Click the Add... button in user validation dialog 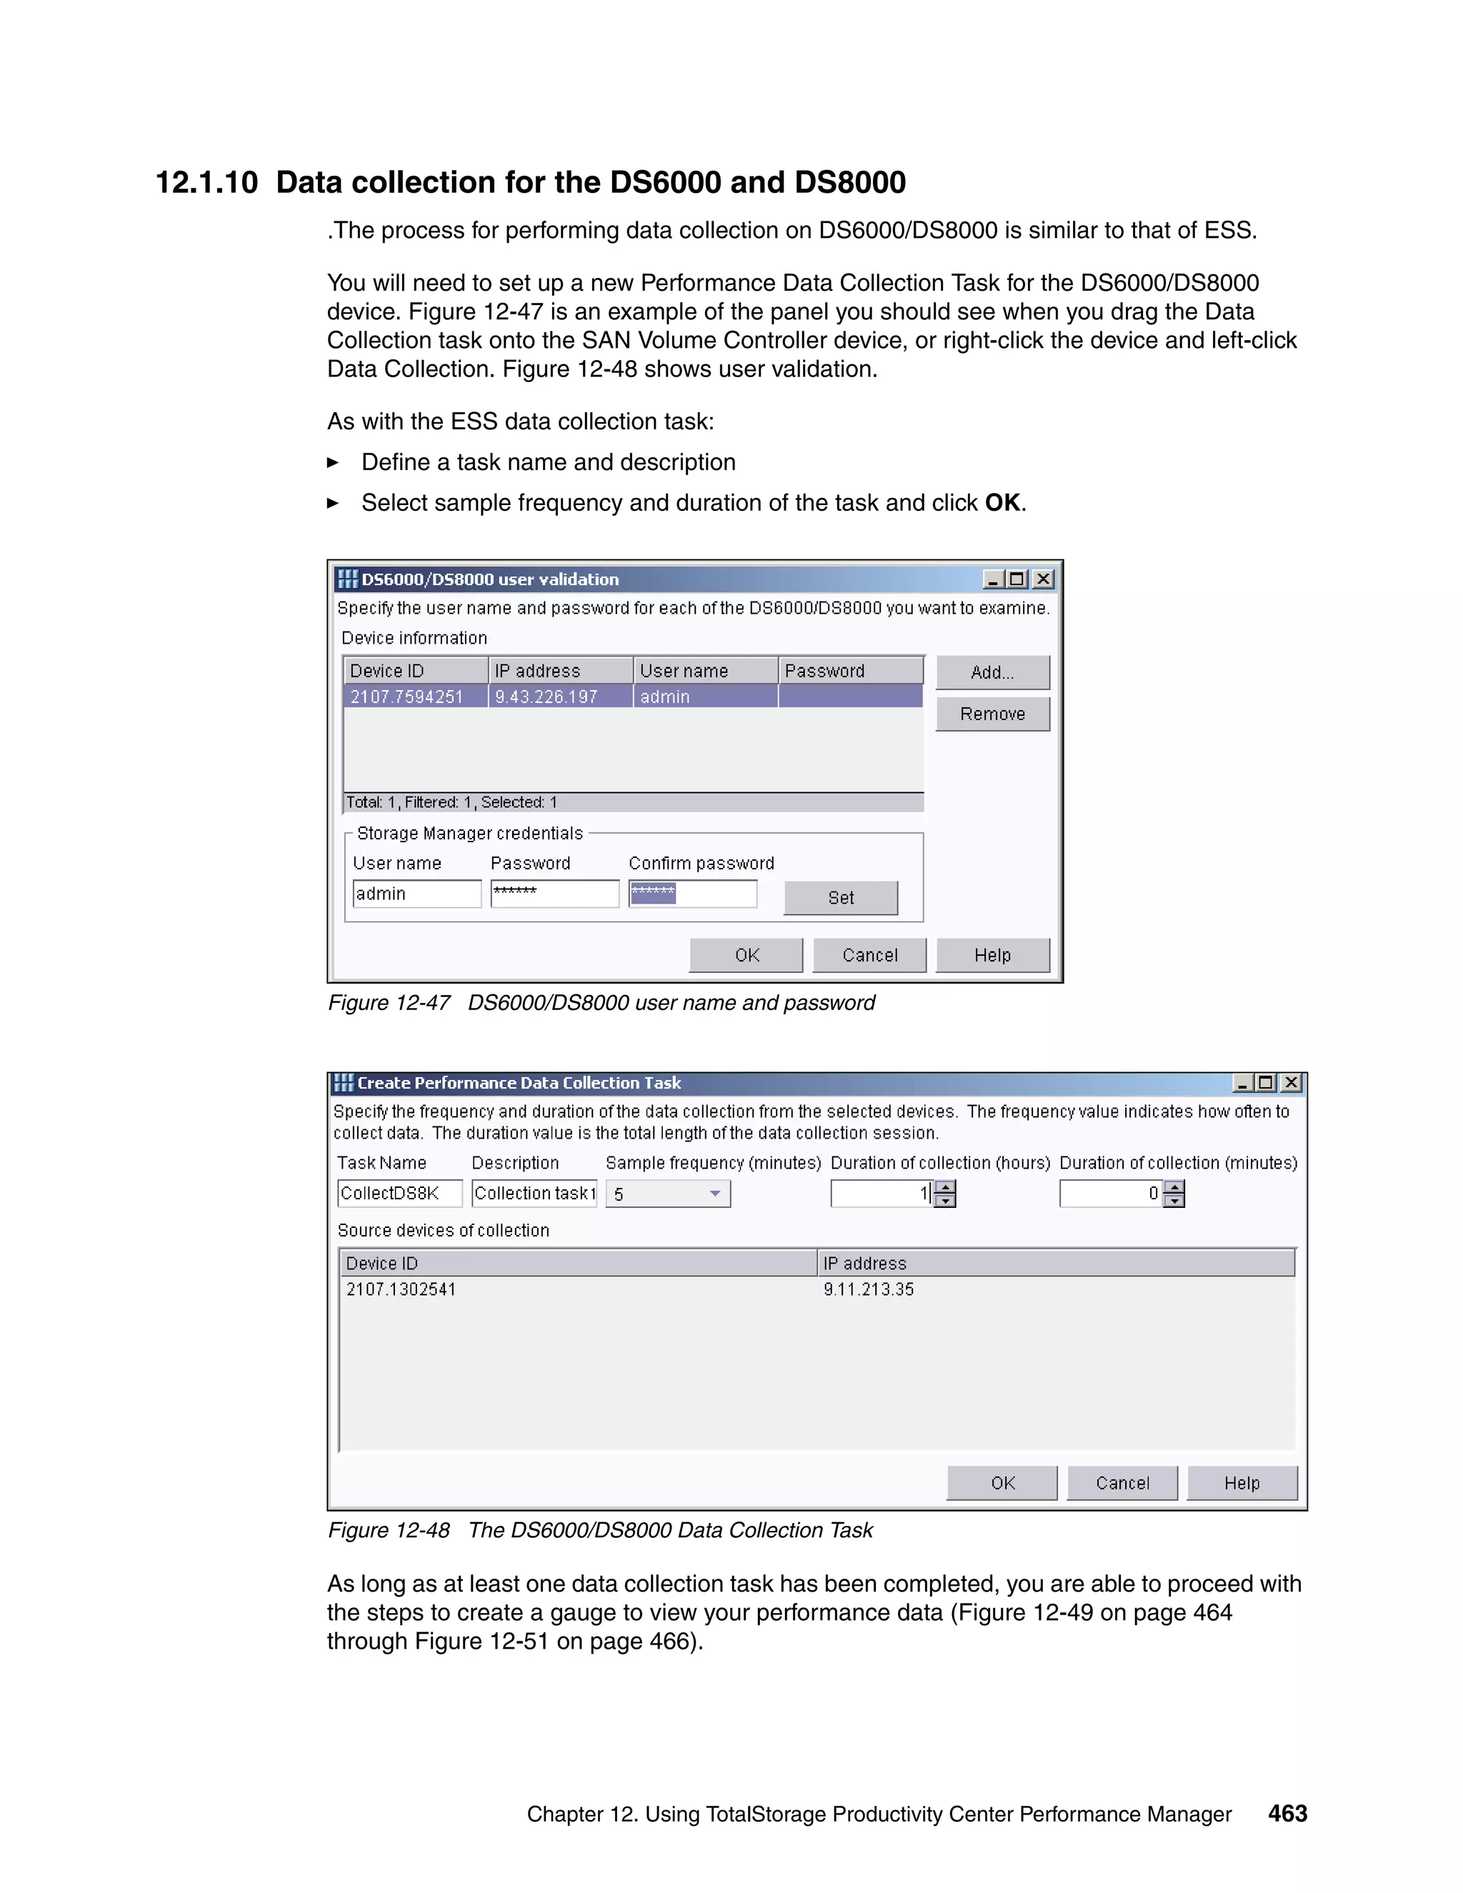point(992,673)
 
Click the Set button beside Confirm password point(841,898)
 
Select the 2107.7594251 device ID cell point(406,697)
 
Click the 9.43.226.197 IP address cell point(547,697)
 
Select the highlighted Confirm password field point(692,894)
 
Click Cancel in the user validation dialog point(869,955)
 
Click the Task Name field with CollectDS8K point(399,1194)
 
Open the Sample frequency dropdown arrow point(715,1194)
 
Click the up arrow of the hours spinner point(947,1187)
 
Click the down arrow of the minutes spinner point(1174,1202)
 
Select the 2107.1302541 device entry point(401,1289)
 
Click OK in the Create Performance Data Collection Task point(1002,1483)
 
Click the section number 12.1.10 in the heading point(206,183)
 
